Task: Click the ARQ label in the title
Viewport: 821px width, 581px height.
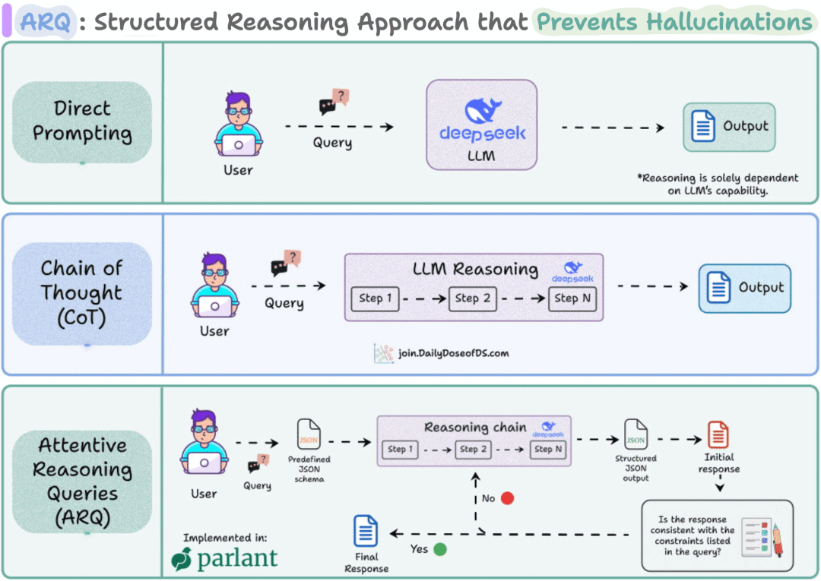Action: [x=46, y=22]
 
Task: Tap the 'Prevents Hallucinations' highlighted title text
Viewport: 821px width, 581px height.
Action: [x=674, y=22]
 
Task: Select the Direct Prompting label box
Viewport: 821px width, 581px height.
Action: [x=82, y=122]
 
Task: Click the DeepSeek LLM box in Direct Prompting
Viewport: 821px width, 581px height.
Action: [x=482, y=125]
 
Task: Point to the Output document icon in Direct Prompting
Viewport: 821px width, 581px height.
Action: [x=704, y=127]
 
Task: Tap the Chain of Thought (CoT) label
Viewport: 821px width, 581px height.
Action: [x=82, y=293]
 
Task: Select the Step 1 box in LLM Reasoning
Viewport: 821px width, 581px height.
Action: [x=375, y=298]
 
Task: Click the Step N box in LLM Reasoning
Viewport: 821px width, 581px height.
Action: [x=572, y=298]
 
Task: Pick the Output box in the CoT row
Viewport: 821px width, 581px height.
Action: [x=744, y=288]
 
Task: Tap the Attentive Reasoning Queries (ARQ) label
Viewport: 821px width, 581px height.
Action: [x=82, y=482]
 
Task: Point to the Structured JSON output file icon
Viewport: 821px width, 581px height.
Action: [x=636, y=434]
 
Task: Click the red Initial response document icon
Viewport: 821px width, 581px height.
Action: [x=718, y=435]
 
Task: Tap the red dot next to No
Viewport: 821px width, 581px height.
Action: [x=507, y=498]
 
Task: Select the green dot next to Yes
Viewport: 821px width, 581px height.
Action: [x=439, y=548]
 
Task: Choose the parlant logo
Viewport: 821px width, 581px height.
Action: [x=225, y=559]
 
